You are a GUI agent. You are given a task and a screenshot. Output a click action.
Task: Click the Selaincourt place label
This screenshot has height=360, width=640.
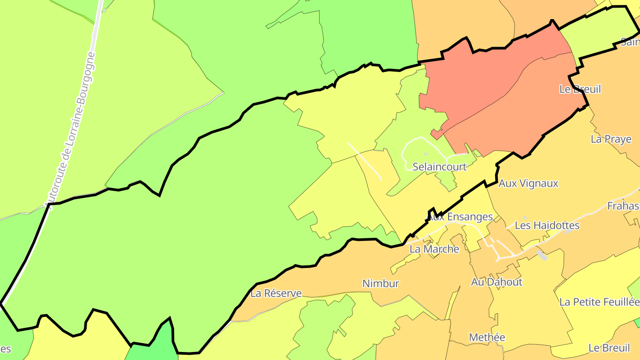pos(440,167)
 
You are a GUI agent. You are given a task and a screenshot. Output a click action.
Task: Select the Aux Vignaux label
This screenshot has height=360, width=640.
pos(528,183)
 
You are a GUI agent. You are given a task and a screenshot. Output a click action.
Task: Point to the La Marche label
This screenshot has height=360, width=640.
pos(434,249)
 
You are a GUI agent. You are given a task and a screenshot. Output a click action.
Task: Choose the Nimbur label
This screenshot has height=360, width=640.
pos(381,284)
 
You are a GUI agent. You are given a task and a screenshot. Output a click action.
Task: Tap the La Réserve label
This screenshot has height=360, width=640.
pos(276,293)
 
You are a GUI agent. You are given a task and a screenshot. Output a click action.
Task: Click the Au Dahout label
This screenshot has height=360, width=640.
pos(496,282)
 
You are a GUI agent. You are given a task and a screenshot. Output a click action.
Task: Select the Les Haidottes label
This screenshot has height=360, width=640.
pos(547,225)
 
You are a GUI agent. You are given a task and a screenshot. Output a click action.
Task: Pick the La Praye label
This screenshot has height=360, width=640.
pos(611,139)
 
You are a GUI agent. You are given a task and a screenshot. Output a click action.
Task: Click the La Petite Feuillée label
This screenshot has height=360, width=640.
pos(599,302)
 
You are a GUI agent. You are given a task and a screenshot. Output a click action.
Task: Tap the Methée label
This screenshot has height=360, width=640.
pos(487,337)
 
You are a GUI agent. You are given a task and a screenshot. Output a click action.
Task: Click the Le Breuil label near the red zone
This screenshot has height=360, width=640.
pos(580,89)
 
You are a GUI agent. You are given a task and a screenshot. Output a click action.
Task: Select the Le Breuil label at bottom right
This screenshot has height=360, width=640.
pos(609,348)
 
